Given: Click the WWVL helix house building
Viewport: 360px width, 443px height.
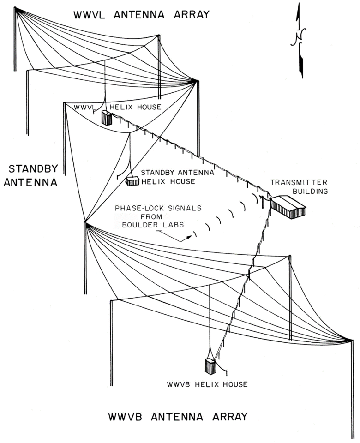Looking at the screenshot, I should (x=107, y=118).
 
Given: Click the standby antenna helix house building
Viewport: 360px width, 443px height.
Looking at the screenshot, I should (x=132, y=181).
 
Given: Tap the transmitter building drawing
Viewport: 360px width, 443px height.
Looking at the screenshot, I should (x=287, y=206).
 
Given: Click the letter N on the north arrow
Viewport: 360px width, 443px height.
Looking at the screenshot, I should (x=296, y=37).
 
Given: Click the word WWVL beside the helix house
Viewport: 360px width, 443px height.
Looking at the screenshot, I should (x=86, y=107).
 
